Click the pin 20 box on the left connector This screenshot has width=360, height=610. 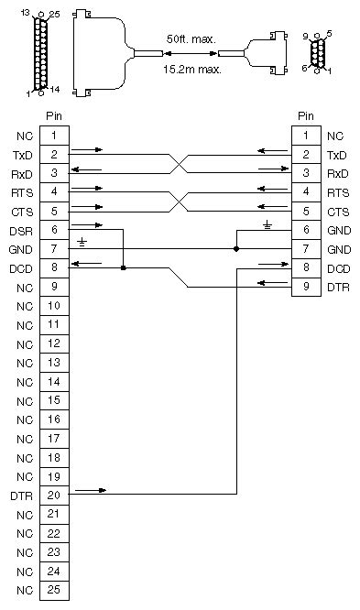pyautogui.click(x=54, y=495)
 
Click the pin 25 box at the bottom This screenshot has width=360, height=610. pyautogui.click(x=54, y=590)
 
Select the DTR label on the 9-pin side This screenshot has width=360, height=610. pyautogui.click(x=337, y=288)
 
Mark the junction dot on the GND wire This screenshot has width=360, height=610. pyautogui.click(x=237, y=249)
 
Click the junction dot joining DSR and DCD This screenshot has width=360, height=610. pyautogui.click(x=123, y=268)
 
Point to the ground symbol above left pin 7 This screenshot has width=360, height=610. pyautogui.click(x=82, y=242)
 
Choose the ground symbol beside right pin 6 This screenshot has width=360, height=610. pyautogui.click(x=267, y=224)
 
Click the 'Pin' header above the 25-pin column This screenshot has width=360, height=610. pyautogui.click(x=54, y=117)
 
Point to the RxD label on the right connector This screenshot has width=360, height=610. pyautogui.click(x=337, y=173)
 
